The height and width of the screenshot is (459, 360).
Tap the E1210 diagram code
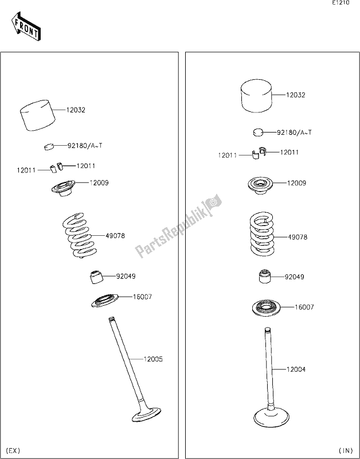(341, 4)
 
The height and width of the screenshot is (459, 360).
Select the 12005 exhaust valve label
(153, 359)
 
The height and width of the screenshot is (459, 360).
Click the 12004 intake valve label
(296, 369)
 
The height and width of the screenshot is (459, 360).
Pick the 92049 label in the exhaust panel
(126, 276)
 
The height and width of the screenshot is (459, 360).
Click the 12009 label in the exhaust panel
(99, 183)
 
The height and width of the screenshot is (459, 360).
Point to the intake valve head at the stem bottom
(269, 415)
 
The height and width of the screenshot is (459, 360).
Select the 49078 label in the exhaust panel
(115, 235)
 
